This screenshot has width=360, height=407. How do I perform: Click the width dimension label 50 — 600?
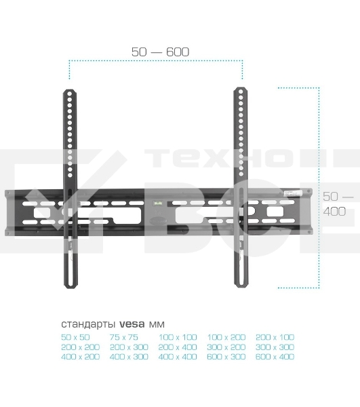tap(160, 52)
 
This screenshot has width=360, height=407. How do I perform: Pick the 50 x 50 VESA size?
tap(75, 336)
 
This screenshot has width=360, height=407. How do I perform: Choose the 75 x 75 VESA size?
tap(123, 336)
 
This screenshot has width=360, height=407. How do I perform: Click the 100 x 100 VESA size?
tap(178, 336)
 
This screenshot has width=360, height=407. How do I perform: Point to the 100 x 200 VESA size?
tap(226, 336)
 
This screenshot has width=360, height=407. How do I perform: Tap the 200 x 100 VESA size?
tap(275, 336)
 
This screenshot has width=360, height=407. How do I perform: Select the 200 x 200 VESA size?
tap(80, 347)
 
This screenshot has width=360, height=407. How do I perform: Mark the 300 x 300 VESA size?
tap(275, 347)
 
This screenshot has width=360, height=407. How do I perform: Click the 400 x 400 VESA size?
tap(178, 357)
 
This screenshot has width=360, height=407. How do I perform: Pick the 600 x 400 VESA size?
tap(275, 357)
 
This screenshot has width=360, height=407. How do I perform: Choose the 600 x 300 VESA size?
tap(226, 357)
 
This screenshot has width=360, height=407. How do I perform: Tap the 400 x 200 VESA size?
tap(80, 357)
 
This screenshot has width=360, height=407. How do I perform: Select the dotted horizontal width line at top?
tap(155, 61)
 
